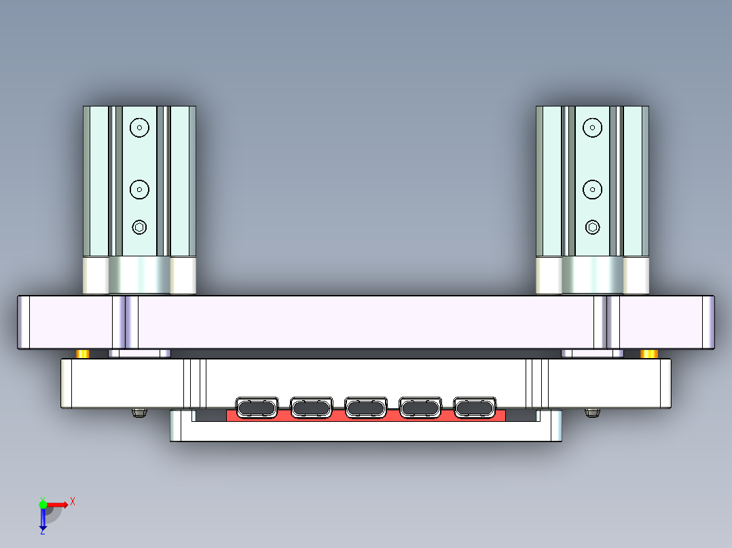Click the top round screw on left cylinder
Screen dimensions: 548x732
[139, 127]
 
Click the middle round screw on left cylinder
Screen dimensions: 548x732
[139, 189]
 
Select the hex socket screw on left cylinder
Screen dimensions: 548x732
[139, 227]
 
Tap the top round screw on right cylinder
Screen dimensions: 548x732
[593, 127]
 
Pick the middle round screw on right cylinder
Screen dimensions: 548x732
[593, 189]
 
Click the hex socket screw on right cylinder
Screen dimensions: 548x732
[593, 227]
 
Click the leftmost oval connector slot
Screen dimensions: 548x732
[257, 408]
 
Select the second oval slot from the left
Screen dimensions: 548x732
[311, 408]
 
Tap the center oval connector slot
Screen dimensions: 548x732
[366, 408]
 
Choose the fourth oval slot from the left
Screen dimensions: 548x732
[420, 408]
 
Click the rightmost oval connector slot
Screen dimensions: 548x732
[475, 408]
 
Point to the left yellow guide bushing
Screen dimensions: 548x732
[83, 354]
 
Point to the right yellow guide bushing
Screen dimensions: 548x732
[649, 354]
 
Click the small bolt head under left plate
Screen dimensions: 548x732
[140, 412]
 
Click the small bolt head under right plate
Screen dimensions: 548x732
[592, 412]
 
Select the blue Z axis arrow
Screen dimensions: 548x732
[43, 520]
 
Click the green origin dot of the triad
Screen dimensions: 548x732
[43, 504]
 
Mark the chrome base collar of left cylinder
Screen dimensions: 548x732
[139, 275]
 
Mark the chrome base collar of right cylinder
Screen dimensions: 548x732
[593, 275]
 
